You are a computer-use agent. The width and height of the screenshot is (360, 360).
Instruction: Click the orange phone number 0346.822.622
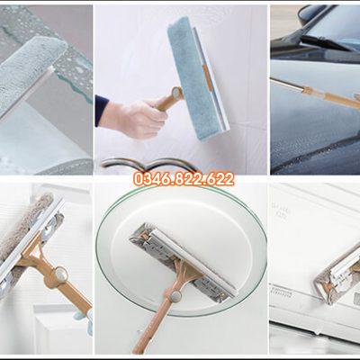tap(184, 179)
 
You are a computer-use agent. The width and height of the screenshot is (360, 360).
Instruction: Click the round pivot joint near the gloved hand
tap(176, 93)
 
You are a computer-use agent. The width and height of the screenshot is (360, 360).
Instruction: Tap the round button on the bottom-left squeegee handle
tap(61, 273)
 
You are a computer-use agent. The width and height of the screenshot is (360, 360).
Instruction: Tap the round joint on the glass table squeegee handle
tap(175, 297)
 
